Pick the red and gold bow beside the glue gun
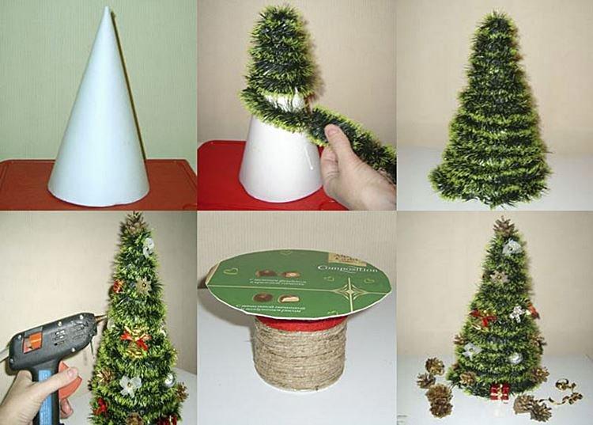(x=135, y=340)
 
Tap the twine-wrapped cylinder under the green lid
(x=300, y=356)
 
